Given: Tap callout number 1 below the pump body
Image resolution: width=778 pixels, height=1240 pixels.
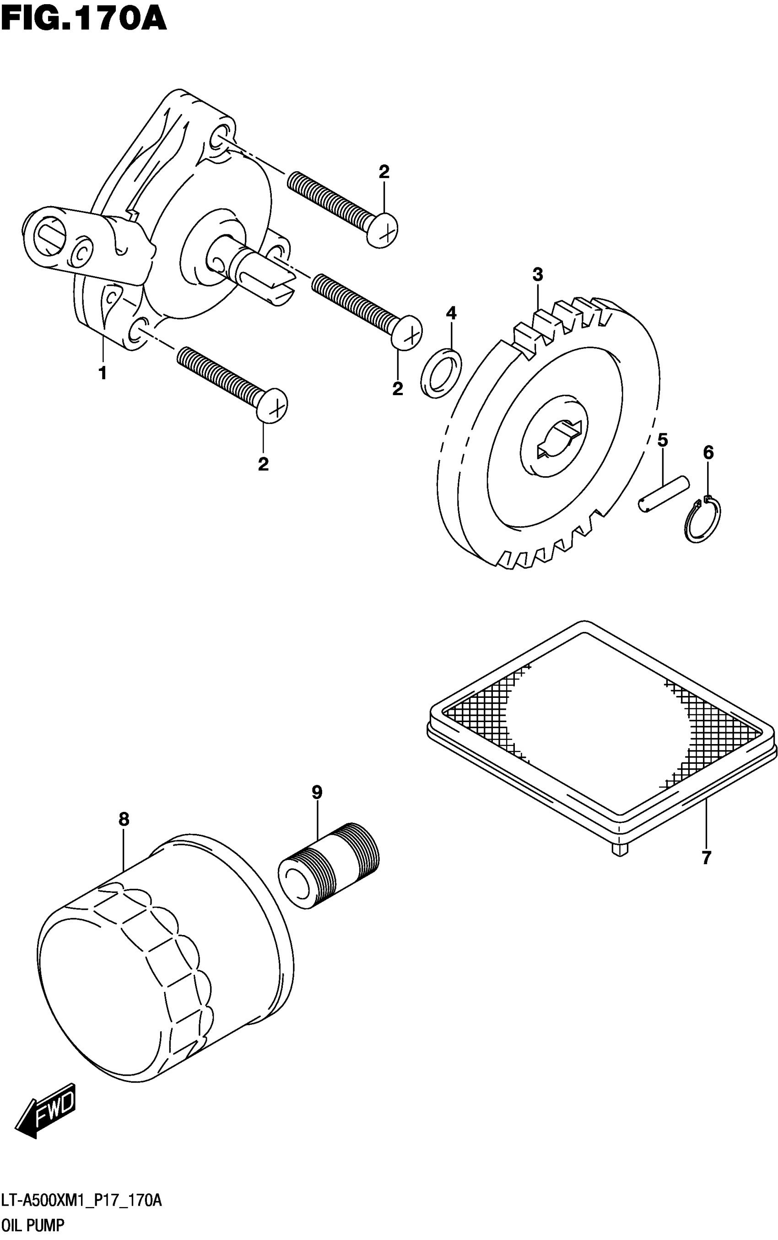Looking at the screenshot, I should pos(103,373).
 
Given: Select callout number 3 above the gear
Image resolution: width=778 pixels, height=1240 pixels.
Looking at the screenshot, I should pos(538,274).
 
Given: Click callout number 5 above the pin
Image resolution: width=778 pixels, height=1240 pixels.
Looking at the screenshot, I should pos(663,440).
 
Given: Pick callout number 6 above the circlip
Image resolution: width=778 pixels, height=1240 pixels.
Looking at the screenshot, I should pos(708,452).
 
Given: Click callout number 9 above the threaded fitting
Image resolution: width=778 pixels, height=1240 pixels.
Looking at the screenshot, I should pos(317,792).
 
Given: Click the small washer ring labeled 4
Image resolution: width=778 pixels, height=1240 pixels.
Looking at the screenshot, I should pos(442,373).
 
